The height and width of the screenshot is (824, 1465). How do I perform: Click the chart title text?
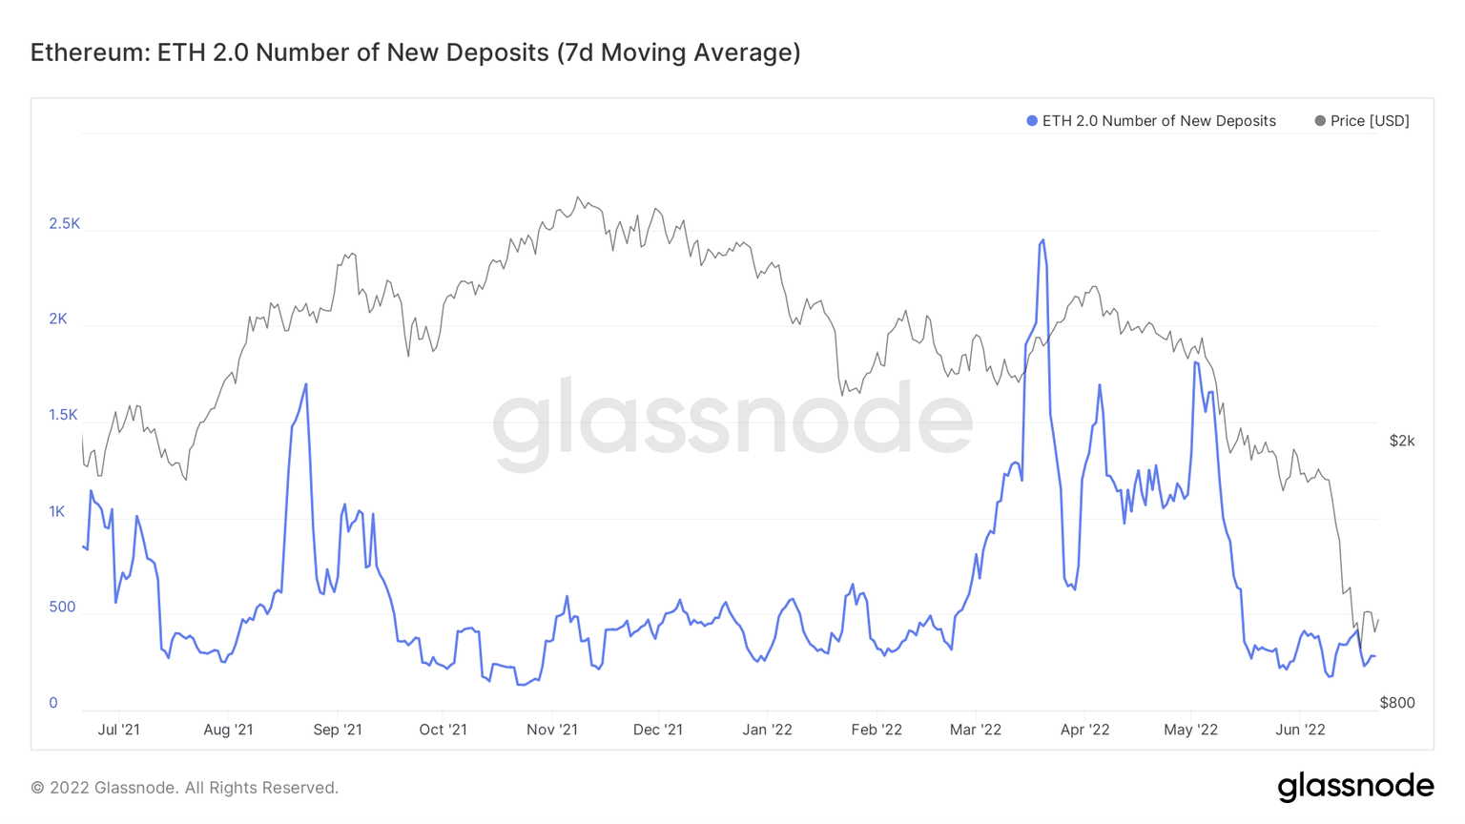[x=415, y=52]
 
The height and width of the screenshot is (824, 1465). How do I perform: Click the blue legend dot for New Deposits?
[x=1032, y=121]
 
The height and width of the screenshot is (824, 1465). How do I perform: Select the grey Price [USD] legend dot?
[x=1320, y=121]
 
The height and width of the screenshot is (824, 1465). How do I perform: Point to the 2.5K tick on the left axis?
[x=65, y=224]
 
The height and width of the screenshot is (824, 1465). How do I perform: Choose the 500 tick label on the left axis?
[x=62, y=608]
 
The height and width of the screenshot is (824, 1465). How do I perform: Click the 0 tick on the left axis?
[x=53, y=703]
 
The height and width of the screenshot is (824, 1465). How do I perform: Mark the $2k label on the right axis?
[x=1402, y=441]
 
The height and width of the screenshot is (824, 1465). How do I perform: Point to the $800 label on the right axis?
[x=1397, y=703]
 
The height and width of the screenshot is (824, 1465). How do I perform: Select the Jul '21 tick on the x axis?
[x=119, y=730]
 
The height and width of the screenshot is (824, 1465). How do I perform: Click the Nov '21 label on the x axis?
[x=552, y=730]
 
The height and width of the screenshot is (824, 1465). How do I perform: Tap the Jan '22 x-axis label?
[x=768, y=730]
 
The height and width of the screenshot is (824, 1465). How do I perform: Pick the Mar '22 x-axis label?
[x=976, y=730]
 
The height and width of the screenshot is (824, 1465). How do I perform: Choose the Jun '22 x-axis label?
[x=1301, y=730]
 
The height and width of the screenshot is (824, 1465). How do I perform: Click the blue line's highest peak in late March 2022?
[x=1042, y=240]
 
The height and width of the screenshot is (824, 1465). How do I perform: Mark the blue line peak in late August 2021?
[x=306, y=384]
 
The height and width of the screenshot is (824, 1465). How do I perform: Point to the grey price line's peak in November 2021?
[x=578, y=197]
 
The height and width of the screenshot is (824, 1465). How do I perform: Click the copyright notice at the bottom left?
[x=185, y=788]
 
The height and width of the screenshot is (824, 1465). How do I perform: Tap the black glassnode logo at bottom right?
[x=1355, y=787]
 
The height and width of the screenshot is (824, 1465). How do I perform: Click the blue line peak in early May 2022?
[x=1196, y=362]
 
